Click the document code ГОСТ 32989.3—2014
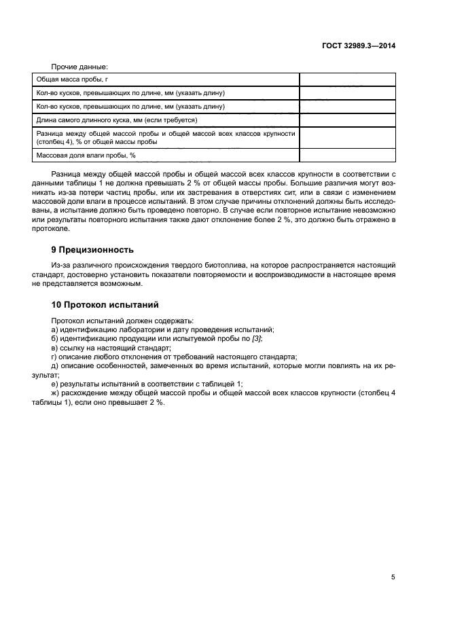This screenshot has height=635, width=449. pyautogui.click(x=359, y=46)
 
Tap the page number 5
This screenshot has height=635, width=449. pyautogui.click(x=393, y=577)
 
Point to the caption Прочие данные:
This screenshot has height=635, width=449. pyautogui.click(x=80, y=67)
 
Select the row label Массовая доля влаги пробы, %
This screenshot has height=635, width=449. pyautogui.click(x=86, y=156)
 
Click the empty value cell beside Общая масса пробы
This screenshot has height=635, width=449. pyautogui.click(x=346, y=79)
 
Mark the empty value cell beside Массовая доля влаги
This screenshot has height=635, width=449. pyautogui.click(x=346, y=156)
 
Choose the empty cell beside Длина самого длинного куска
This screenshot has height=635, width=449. pyautogui.click(x=346, y=120)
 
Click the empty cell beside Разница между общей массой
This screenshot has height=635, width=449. pyautogui.click(x=346, y=138)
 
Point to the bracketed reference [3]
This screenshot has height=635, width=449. pyautogui.click(x=257, y=338)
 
